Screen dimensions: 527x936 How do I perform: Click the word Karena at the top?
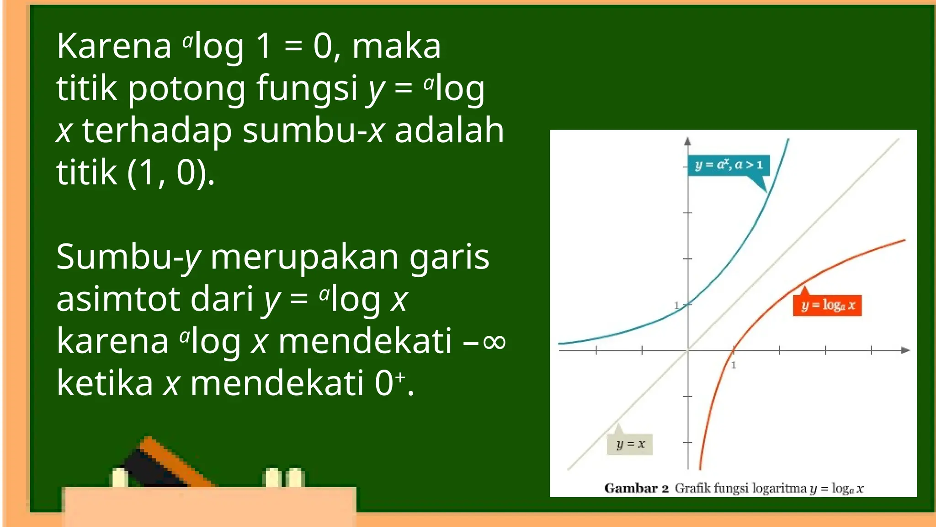click(113, 47)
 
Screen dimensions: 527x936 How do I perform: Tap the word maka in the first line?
click(396, 47)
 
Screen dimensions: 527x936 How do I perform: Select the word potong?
click(186, 89)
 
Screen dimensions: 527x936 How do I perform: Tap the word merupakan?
click(304, 257)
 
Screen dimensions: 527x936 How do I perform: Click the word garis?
click(449, 257)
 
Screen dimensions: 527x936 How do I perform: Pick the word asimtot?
click(117, 299)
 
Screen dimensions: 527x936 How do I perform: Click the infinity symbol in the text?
click(494, 341)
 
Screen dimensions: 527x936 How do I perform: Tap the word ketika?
click(105, 383)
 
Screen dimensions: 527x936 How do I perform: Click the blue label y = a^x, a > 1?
click(729, 165)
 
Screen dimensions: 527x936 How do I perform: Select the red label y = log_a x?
click(827, 305)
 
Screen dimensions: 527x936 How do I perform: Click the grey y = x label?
click(630, 444)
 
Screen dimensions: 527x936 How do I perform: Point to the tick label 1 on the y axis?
click(677, 305)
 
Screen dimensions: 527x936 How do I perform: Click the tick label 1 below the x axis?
click(734, 365)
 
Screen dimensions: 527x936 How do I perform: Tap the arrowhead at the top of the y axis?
click(687, 141)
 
